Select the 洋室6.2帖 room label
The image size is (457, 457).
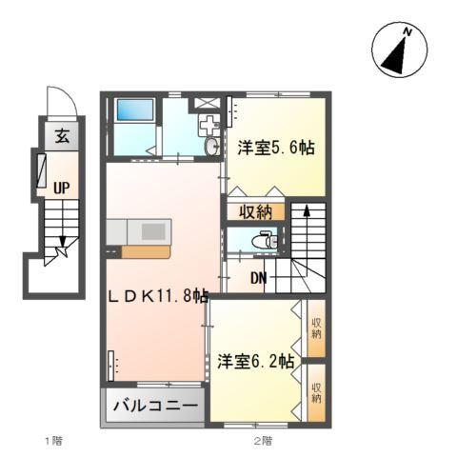(x=255, y=362)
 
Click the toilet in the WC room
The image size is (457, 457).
(x=268, y=242)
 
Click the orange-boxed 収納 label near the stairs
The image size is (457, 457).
(x=256, y=210)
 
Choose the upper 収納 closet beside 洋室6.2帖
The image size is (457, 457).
(x=316, y=328)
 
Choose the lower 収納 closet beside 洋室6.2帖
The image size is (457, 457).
(x=316, y=391)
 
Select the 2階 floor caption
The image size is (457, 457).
(x=263, y=442)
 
